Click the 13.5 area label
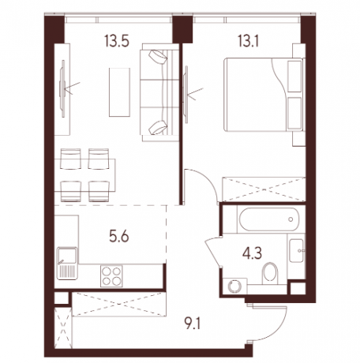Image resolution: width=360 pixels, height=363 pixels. tap(117, 41)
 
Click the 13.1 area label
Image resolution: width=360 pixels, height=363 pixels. tap(248, 41)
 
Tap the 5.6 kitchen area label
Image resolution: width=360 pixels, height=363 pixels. tap(119, 237)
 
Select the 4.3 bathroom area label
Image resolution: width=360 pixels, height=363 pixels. tap(252, 254)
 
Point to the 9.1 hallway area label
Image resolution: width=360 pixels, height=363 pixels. tap(193, 324)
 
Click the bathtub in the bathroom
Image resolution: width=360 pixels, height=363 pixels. tap(268, 219)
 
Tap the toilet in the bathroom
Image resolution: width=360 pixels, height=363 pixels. tap(270, 273)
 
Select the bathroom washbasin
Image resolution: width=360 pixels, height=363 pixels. tap(297, 251)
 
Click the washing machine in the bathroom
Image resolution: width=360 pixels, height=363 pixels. tap(234, 286)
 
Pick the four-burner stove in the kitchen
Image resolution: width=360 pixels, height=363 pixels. tap(111, 276)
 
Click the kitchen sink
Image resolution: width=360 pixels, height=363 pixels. tap(67, 263)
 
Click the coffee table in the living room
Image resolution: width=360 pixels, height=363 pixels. tap(119, 92)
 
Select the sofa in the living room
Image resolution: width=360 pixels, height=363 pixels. tap(160, 92)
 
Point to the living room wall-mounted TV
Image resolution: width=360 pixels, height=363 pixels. tap(62, 88)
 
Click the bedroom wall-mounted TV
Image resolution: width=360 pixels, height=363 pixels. tap(186, 95)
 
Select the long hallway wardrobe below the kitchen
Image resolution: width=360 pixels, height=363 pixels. tap(119, 304)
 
